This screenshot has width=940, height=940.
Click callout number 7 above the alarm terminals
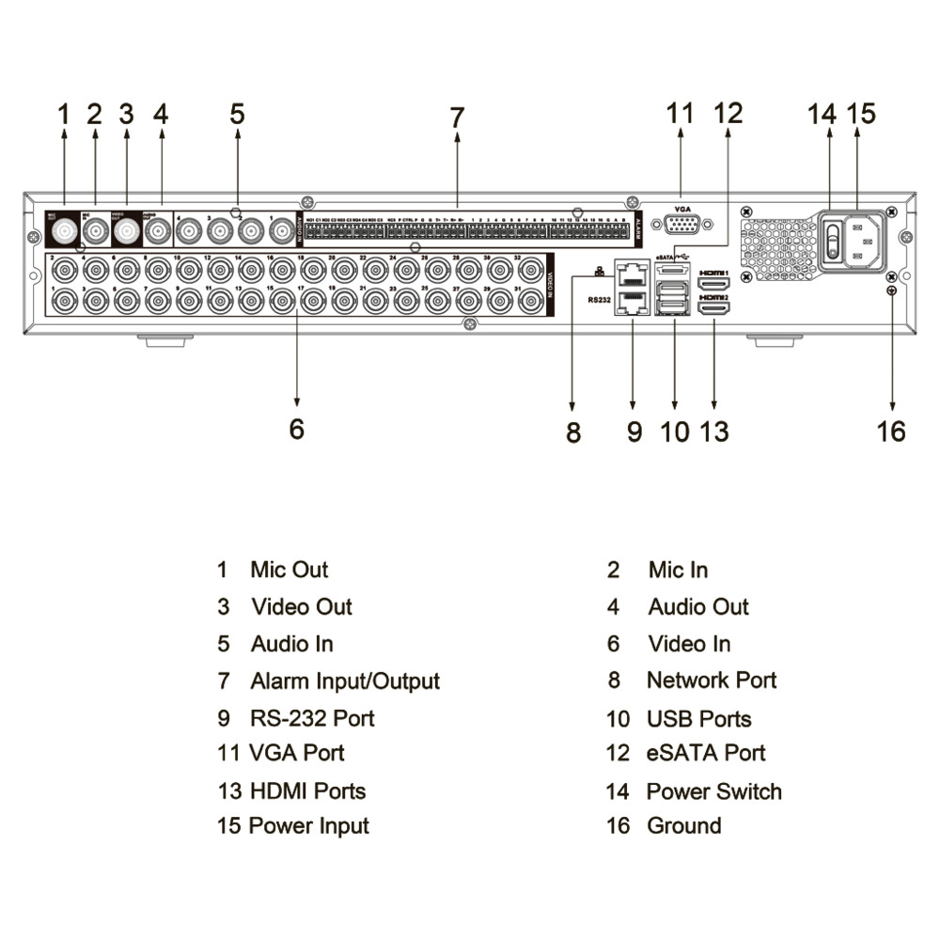[457, 117]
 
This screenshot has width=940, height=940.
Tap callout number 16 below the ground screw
[890, 431]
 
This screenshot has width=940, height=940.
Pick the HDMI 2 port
[715, 307]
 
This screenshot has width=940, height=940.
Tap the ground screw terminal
[889, 290]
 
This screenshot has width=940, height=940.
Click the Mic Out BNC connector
[64, 231]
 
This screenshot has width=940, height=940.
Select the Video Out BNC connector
[126, 231]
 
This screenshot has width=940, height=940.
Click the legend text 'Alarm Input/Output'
[344, 681]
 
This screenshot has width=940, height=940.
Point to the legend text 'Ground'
[683, 826]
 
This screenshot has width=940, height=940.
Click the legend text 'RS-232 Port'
[312, 719]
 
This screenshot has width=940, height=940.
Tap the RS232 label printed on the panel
[599, 300]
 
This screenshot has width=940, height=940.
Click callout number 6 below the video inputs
[297, 429]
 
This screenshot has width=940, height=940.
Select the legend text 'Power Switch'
[713, 791]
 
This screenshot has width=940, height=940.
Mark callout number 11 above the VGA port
[679, 114]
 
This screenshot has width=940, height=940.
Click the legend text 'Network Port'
[711, 681]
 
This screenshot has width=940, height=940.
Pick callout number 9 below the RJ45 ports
[634, 431]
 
